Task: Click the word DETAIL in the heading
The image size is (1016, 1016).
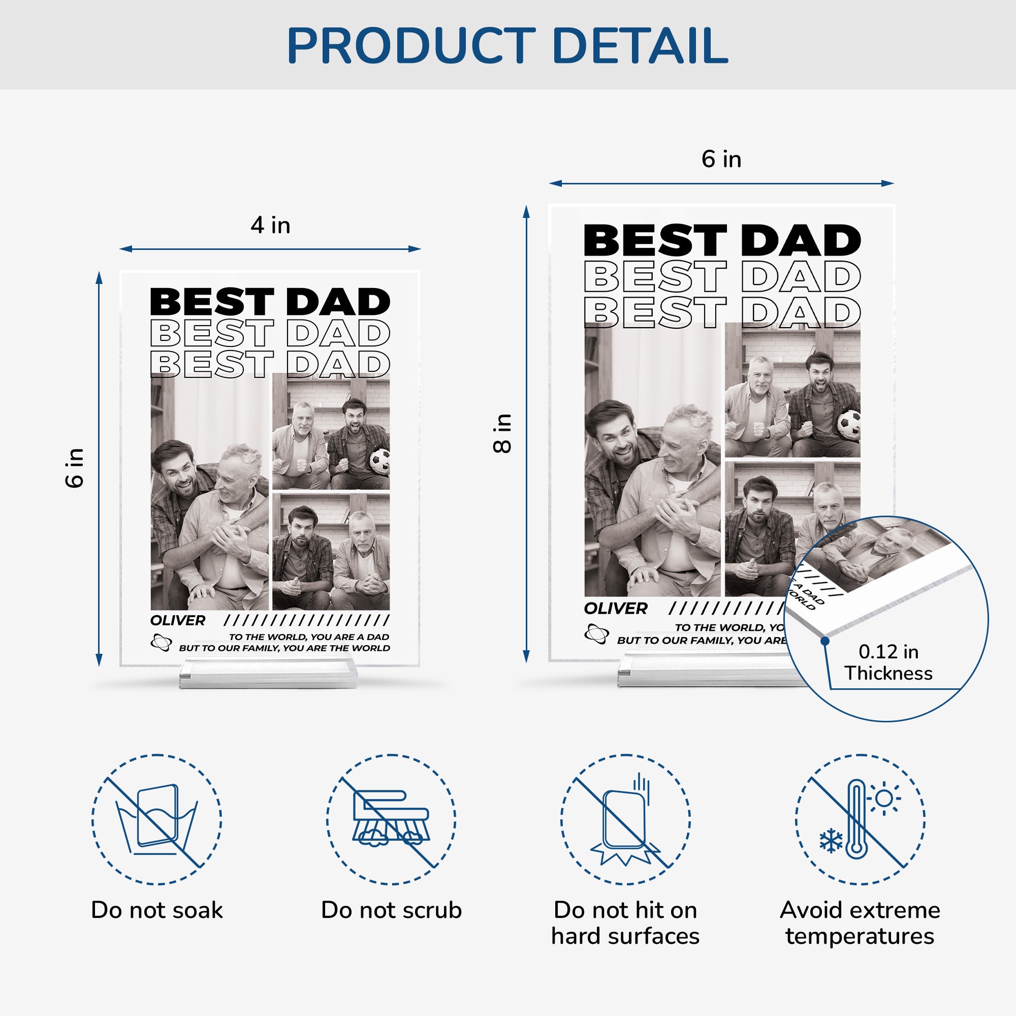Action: [x=640, y=46]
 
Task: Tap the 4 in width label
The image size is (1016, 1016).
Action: [x=270, y=225]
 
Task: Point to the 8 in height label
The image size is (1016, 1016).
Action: [x=502, y=433]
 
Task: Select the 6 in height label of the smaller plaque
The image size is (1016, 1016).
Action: [x=75, y=468]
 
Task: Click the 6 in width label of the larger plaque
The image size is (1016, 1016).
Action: [x=721, y=159]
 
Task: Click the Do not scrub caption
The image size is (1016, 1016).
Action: [x=391, y=910]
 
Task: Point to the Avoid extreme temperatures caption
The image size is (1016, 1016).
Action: [x=860, y=923]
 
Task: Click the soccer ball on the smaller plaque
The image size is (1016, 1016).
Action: [x=379, y=461]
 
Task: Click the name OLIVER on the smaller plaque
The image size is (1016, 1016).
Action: [x=178, y=621]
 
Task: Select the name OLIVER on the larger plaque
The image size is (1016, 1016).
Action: [x=615, y=609]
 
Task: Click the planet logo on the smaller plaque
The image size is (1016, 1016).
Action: [x=161, y=642]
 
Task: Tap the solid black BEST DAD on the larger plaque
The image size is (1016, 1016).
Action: [x=722, y=240]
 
